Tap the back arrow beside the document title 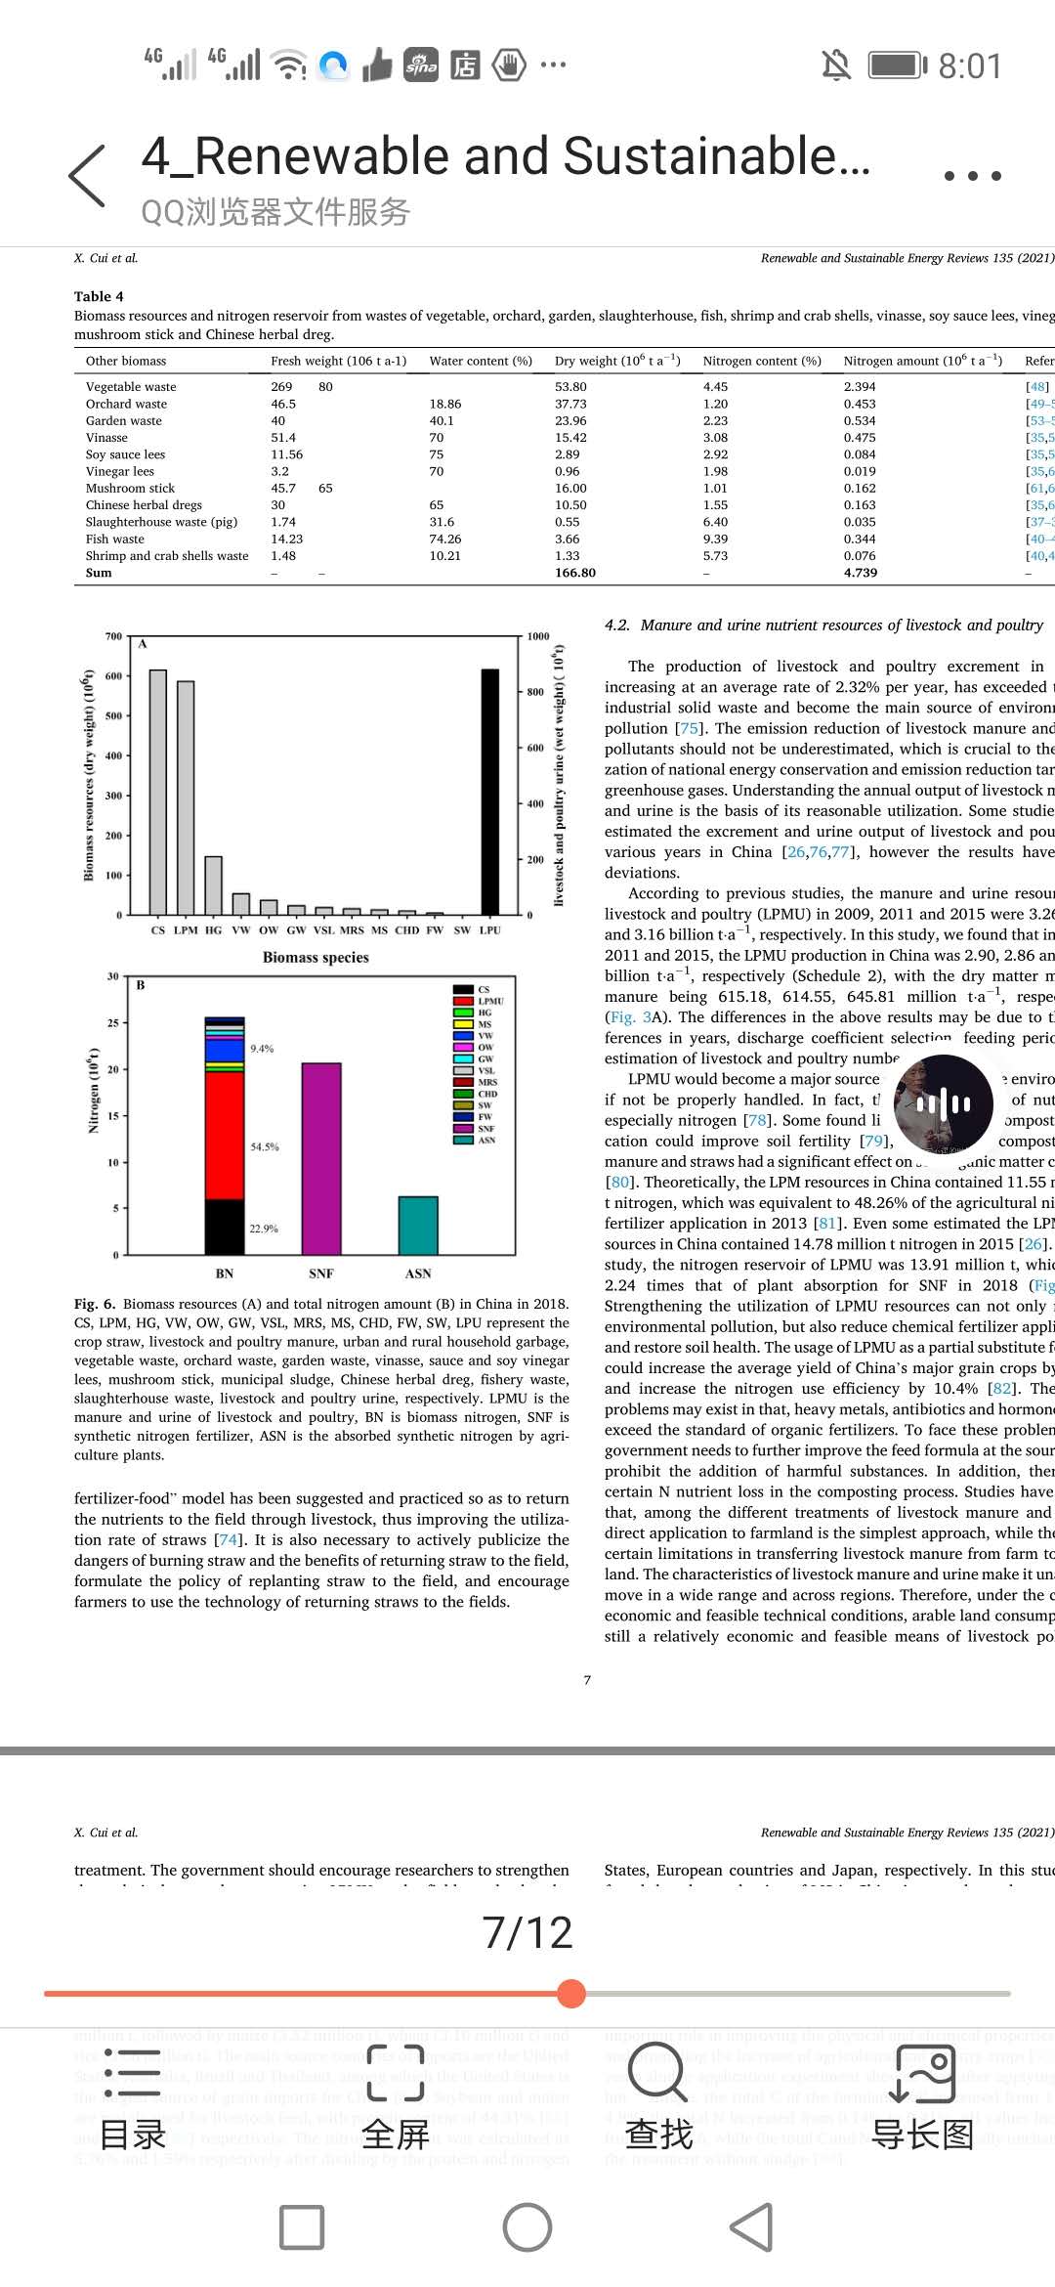click(87, 176)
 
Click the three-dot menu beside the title click(972, 176)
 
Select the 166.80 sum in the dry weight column click(574, 573)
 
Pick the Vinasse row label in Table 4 click(106, 438)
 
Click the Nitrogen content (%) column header click(762, 361)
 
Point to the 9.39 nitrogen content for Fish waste click(715, 539)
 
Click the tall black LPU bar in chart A click(489, 791)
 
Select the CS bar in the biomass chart click(157, 791)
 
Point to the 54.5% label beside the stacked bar click(264, 1146)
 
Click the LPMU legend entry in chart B click(489, 1001)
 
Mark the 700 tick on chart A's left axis click(113, 636)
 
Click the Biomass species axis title click(316, 958)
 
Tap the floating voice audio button click(943, 1104)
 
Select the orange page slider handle click(571, 1993)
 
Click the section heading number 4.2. click(616, 626)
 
